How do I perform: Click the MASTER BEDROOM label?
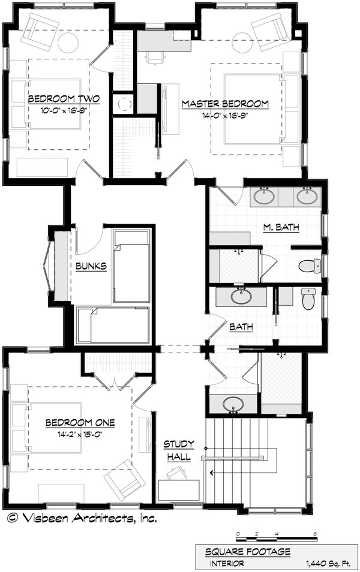point(225,104)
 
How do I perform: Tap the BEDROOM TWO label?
point(64,99)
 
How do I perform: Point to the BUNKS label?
point(91,265)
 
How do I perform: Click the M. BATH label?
point(281,227)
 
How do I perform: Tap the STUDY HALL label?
point(179,450)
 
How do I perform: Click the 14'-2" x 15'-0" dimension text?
point(80,433)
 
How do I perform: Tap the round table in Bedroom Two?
point(68,43)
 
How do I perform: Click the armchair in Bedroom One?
point(124,478)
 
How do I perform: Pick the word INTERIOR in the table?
point(227,564)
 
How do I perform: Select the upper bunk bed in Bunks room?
point(131,266)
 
